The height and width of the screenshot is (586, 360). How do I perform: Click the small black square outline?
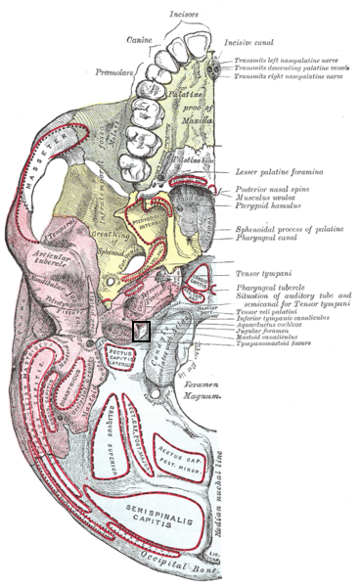pos(141,331)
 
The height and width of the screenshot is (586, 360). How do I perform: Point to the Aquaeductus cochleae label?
pos(260,325)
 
